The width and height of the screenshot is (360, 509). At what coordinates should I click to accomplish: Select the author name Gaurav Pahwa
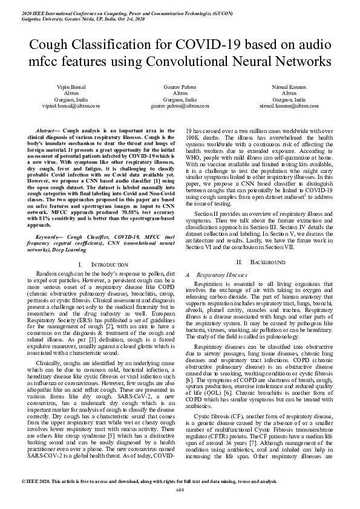click(x=180, y=88)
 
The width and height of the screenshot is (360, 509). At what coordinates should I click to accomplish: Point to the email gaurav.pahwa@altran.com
click(x=180, y=105)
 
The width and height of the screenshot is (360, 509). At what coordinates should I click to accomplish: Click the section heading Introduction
click(x=110, y=265)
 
